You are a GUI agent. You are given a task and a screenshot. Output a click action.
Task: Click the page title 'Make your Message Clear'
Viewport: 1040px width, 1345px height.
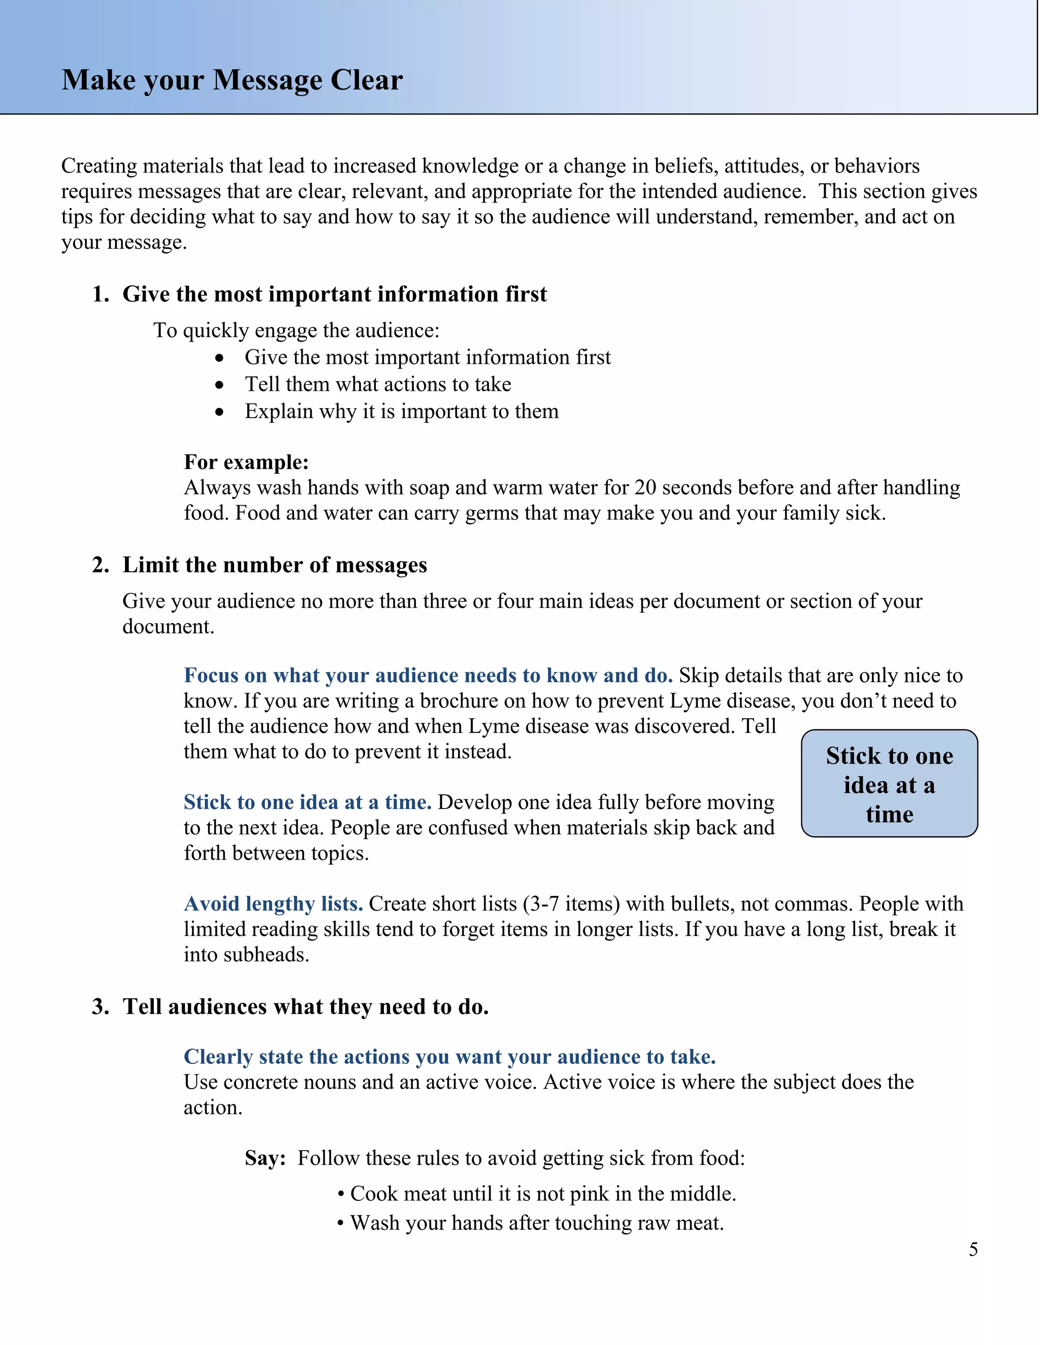pos(232,80)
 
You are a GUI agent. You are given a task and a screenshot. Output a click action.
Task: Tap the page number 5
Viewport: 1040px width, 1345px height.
pos(973,1249)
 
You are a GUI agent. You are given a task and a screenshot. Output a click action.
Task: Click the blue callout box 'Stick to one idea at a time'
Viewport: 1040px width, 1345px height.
pos(889,783)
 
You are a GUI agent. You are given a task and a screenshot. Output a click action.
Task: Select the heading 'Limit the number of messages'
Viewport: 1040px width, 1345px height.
pos(274,565)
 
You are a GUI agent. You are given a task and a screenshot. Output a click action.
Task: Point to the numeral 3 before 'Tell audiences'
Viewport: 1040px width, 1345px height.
pos(98,1007)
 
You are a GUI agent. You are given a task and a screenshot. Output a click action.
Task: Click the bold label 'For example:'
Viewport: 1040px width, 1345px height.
pos(246,462)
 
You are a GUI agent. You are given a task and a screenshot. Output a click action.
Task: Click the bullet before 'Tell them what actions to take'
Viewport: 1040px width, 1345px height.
pos(220,385)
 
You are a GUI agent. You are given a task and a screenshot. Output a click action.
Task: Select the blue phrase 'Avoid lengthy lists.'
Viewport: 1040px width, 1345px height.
pos(273,903)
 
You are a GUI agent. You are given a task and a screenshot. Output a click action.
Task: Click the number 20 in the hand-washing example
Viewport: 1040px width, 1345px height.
pos(644,488)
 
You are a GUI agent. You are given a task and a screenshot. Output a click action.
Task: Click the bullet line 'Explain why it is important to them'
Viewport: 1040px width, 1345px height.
pos(401,412)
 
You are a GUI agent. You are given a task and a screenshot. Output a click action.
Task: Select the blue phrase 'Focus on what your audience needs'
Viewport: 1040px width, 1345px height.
pos(428,676)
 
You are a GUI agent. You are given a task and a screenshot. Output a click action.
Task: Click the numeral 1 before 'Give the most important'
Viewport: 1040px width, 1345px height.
pos(98,294)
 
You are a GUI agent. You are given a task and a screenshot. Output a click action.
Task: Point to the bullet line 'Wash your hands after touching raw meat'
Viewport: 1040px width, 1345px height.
pos(536,1223)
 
